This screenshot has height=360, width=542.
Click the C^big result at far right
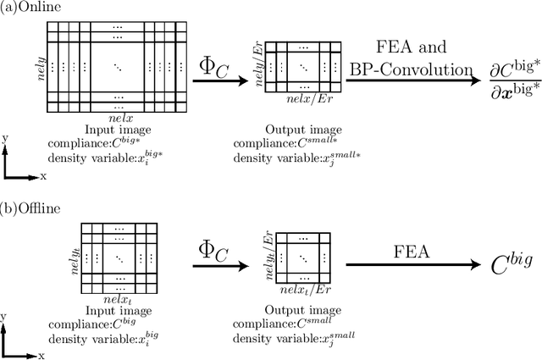[x=501, y=264]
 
